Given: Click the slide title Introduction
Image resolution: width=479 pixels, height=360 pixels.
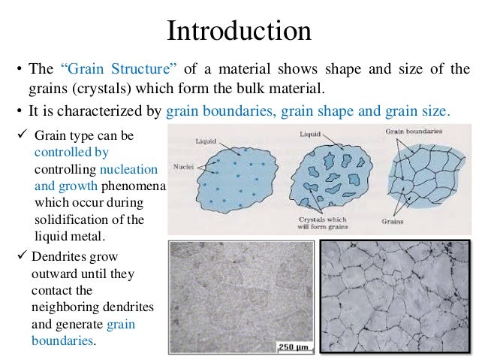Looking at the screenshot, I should pos(239,32).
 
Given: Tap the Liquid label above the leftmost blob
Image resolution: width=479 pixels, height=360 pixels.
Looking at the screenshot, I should pos(206,141).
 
